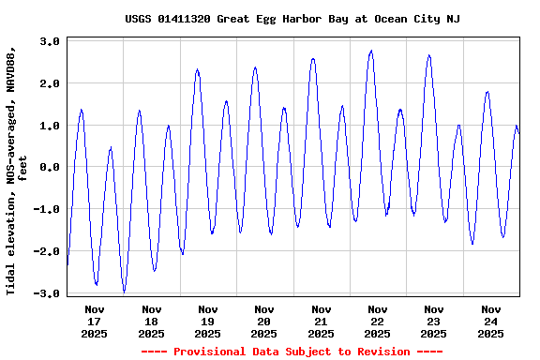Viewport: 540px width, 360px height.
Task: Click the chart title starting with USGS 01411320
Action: tap(292, 19)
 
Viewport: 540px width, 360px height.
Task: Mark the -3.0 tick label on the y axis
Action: tap(48, 293)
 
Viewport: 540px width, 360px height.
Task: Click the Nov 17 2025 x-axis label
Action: tap(95, 321)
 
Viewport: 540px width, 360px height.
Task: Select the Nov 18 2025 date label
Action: tap(151, 321)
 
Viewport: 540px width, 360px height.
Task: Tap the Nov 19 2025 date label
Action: tap(208, 321)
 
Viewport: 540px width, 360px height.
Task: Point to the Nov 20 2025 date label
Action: tap(264, 321)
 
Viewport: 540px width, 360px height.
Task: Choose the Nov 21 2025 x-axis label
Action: tap(321, 321)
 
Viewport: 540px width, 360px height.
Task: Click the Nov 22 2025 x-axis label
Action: tap(378, 321)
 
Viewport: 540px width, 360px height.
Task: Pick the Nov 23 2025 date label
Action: tap(434, 321)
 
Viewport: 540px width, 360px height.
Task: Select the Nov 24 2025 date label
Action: tap(490, 321)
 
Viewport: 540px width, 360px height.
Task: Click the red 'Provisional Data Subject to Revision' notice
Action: tap(292, 352)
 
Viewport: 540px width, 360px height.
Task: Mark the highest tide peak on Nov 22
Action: tap(371, 51)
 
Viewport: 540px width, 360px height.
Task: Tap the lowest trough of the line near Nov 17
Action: tap(125, 292)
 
